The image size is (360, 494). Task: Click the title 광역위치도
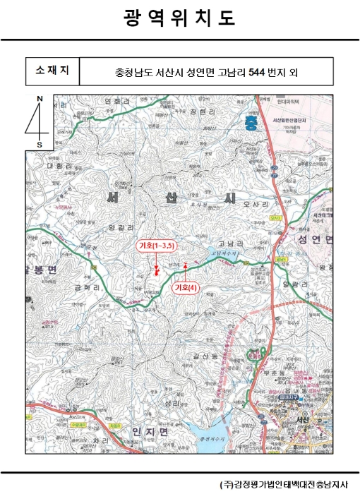coord(179,18)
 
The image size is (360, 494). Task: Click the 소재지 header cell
coord(52,71)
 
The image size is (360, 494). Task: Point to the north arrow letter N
coord(40,99)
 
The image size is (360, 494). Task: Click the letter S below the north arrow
coord(40,144)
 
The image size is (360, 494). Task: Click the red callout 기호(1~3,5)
coord(156,245)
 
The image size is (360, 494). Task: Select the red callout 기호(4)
coord(186,287)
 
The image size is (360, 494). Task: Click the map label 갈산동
coord(203,357)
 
